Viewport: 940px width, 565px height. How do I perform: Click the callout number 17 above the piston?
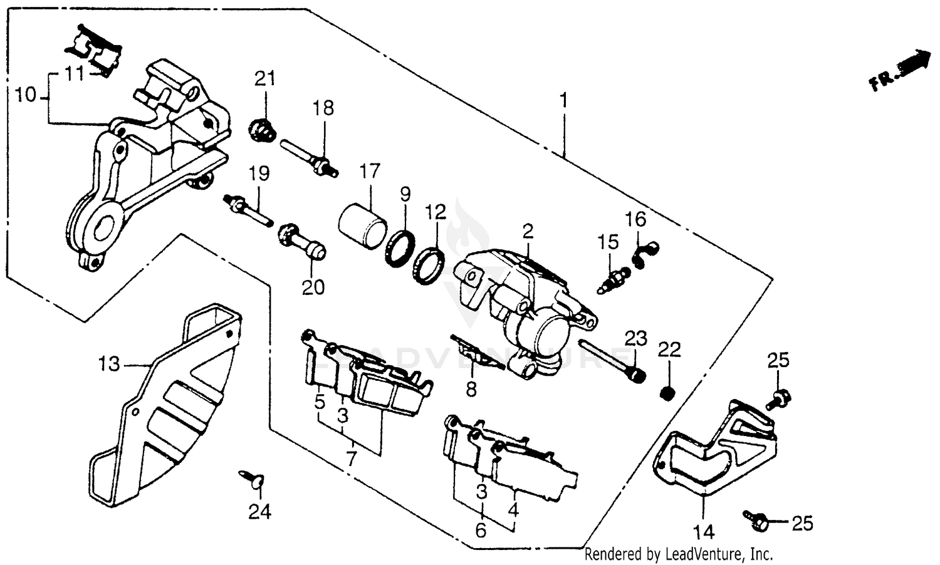pos(370,170)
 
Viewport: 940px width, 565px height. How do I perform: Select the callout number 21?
pos(264,79)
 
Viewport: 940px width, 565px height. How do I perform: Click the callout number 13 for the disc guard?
pos(109,363)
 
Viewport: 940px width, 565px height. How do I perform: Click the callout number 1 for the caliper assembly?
pos(563,100)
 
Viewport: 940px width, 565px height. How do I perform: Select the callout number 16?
pos(635,219)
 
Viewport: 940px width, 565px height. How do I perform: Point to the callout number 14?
pos(704,532)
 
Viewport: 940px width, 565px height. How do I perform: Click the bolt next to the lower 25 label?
pos(756,517)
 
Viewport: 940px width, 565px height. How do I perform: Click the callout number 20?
pos(313,287)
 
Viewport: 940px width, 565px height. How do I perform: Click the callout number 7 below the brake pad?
pos(351,459)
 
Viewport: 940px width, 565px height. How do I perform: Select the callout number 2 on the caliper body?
pos(528,232)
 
